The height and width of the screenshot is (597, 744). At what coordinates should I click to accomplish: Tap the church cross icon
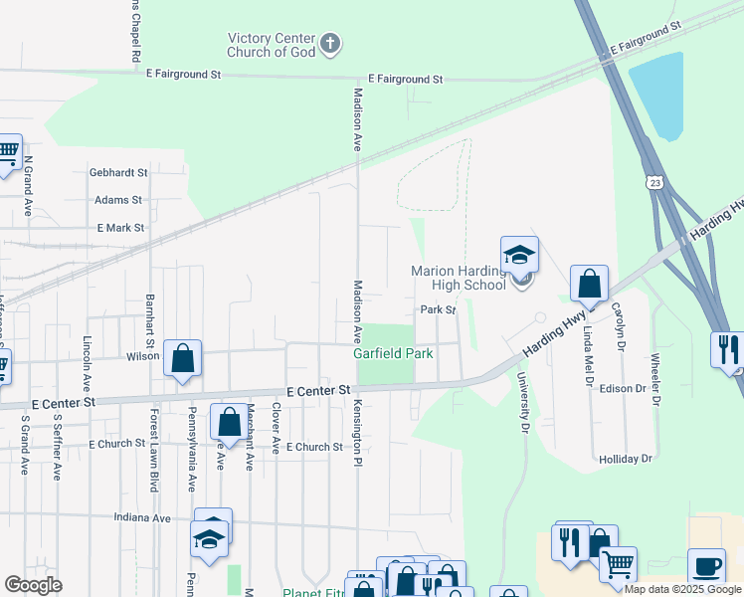[331, 44]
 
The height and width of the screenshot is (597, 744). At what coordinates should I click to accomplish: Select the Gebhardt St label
[117, 172]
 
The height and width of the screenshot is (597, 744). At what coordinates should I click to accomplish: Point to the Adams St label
[118, 200]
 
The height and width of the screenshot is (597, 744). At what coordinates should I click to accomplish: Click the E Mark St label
[120, 228]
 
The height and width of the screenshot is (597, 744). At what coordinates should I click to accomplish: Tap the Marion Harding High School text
[460, 278]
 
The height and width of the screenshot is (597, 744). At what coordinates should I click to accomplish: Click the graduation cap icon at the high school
[519, 256]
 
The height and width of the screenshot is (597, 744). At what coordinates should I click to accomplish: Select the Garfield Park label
[394, 353]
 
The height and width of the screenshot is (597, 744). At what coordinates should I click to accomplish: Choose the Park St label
[437, 310]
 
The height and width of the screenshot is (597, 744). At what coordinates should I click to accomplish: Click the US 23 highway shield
[652, 182]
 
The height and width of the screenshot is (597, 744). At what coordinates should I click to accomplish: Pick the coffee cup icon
[706, 567]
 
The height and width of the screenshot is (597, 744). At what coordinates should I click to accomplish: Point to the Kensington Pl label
[356, 433]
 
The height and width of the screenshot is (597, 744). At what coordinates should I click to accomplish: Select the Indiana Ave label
[142, 518]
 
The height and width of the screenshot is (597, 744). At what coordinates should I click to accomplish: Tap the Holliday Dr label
[625, 459]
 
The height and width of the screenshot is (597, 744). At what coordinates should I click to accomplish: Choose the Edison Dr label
[623, 388]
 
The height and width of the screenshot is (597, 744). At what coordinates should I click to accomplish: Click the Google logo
[33, 585]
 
